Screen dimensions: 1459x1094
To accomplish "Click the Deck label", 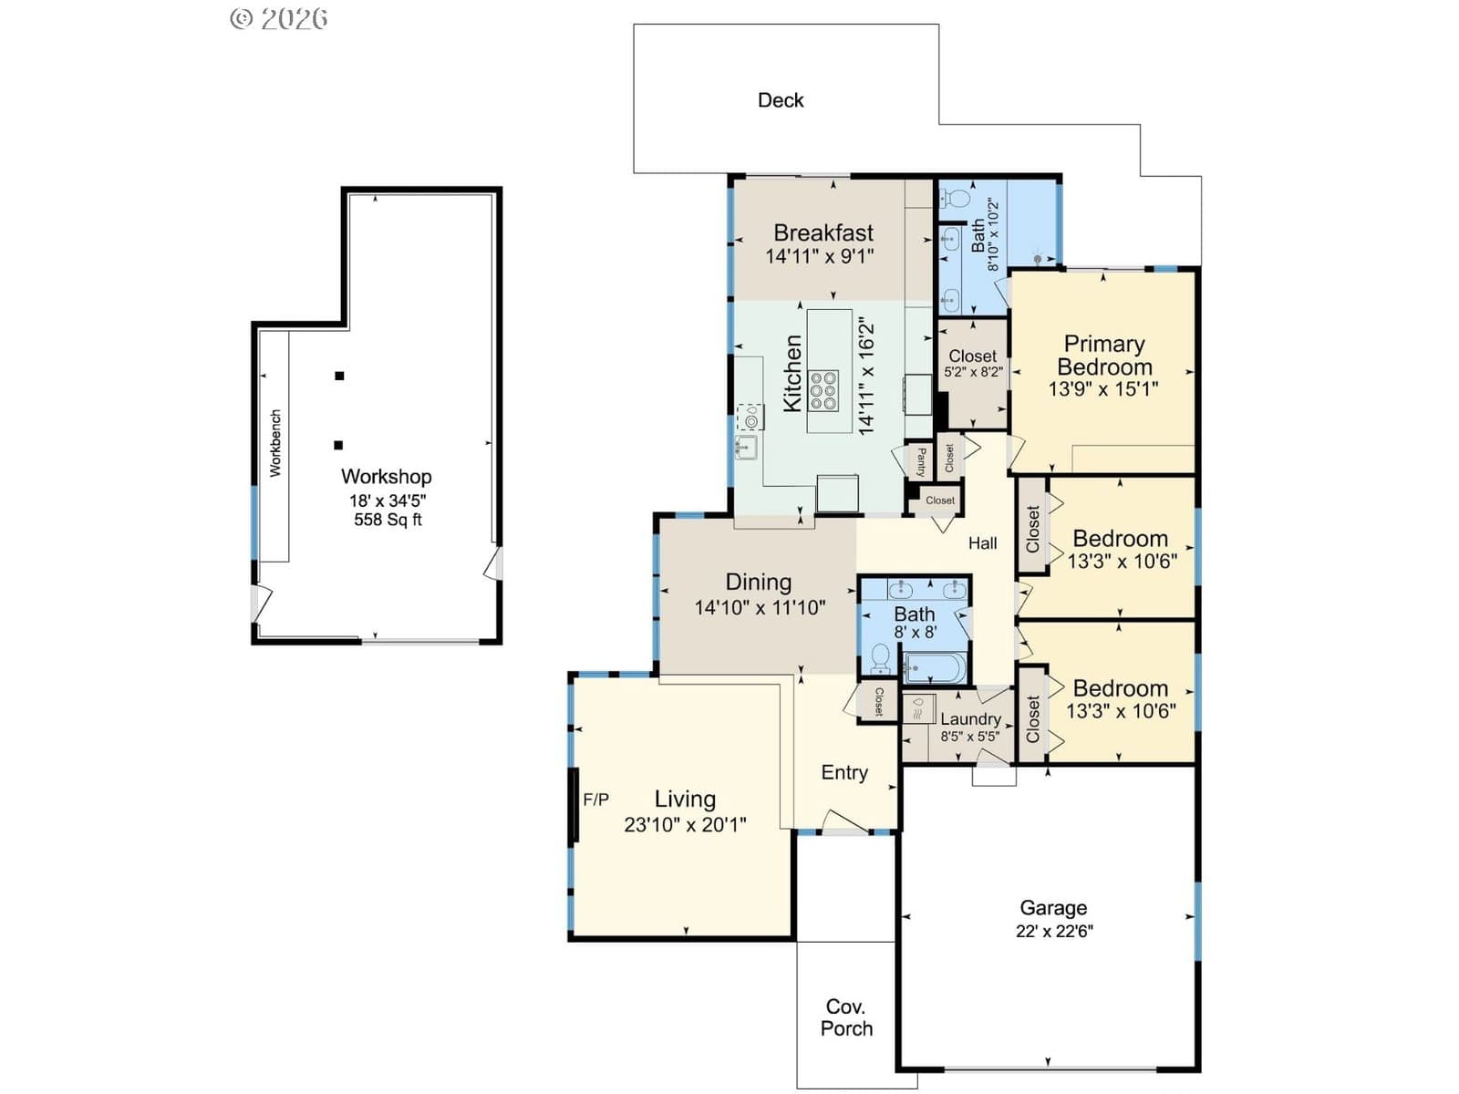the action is pos(781,100).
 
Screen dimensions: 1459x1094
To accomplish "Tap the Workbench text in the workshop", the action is pos(275,443).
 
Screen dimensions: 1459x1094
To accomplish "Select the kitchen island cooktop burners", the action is pos(823,390).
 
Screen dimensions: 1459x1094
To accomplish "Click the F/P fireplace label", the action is pos(595,800).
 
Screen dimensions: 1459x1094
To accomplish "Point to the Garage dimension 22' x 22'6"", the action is pos(1054,931).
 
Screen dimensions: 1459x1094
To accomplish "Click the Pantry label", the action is pos(921,461).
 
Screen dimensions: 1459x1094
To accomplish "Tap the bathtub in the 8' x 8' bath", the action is pos(934,667).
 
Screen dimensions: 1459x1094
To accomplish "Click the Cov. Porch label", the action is pos(846,1017).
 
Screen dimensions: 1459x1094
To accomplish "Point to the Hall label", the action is pos(982,543).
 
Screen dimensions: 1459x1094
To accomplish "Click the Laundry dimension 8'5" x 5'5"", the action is pos(970,736).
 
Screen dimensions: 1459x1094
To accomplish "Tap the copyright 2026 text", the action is pos(279,18).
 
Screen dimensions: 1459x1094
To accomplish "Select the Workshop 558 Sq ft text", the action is pos(388,520).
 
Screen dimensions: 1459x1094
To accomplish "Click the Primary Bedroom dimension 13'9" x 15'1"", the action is pos(1103,389).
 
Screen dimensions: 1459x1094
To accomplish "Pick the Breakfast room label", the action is pos(823,232).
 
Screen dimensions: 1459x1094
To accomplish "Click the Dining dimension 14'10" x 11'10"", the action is pos(760,607).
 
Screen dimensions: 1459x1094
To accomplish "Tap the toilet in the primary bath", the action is pos(954,198).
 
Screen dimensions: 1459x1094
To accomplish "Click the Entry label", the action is pos(844,772).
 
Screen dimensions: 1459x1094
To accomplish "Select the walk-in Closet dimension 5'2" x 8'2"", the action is pos(973,372).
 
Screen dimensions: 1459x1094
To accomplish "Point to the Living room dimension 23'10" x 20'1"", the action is pos(685,825).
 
